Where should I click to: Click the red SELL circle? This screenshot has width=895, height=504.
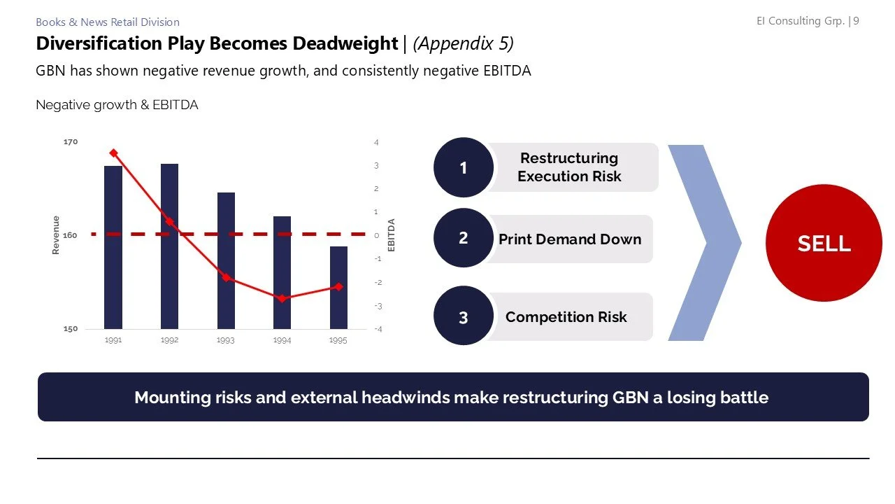coord(824,243)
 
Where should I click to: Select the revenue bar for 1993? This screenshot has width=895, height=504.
coord(226,260)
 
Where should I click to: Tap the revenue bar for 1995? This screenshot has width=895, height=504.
coord(338,288)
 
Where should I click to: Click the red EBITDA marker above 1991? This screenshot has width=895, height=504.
coord(113,153)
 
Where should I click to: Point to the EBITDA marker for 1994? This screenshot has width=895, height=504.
coord(282,298)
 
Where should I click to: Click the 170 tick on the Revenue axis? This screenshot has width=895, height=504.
coord(71,142)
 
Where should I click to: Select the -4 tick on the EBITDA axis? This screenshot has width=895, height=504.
coord(377,329)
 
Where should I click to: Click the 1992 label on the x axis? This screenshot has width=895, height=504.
coord(169,341)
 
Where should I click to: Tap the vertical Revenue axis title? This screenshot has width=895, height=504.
coord(56,235)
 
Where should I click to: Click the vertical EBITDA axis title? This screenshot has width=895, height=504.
coord(392,235)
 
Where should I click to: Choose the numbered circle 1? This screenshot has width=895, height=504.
coord(463,167)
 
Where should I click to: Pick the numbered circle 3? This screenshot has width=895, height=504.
coord(463,317)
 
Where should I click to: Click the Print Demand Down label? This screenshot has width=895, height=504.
coord(569,239)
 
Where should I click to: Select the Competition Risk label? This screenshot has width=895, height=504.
coord(566,317)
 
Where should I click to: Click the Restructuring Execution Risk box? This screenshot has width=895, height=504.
coord(569,167)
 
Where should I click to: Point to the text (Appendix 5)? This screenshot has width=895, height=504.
coord(463,43)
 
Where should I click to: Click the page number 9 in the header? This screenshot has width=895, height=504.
coord(856,21)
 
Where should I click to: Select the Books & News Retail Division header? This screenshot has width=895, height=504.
coord(108,22)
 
